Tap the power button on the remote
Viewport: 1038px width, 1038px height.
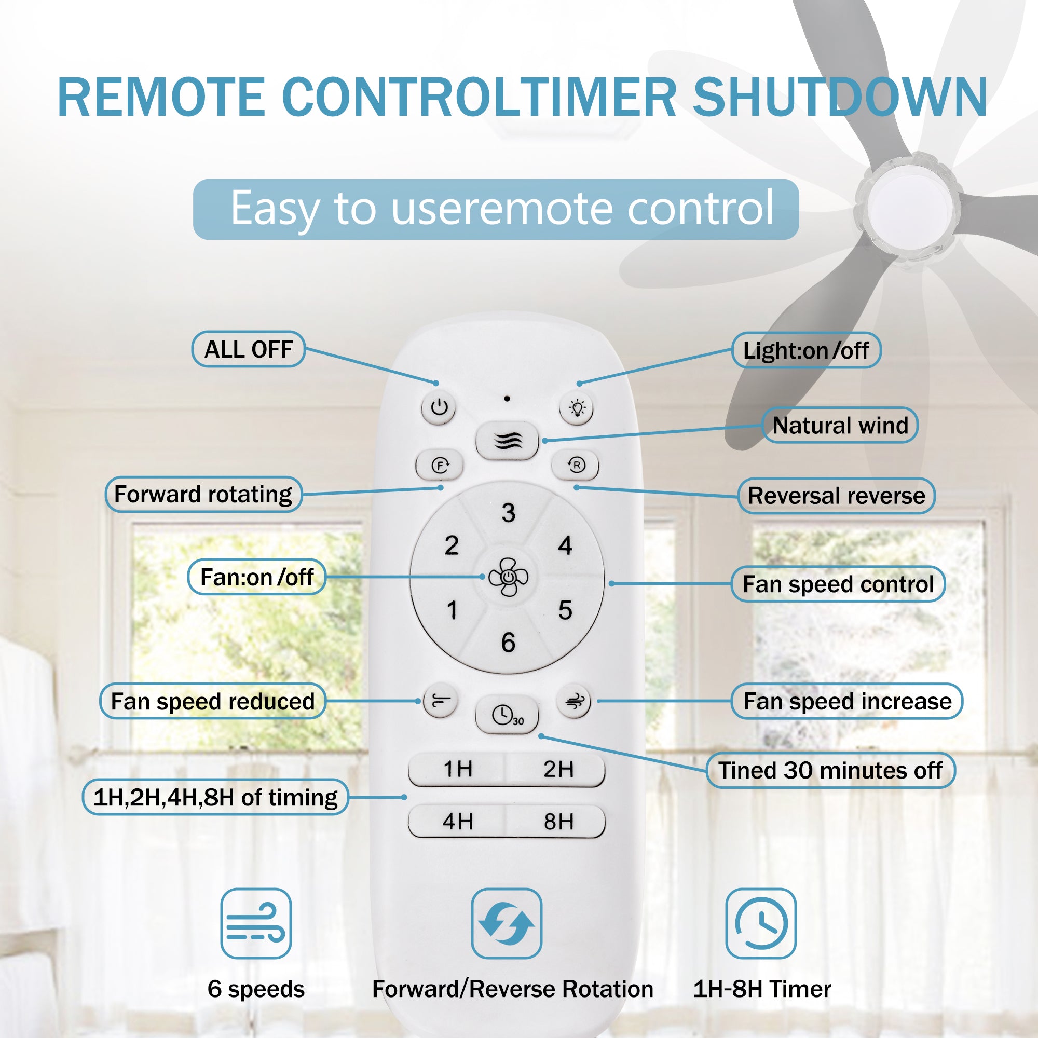click(439, 408)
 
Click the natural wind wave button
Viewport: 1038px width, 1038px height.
click(507, 441)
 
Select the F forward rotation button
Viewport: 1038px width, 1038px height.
click(440, 465)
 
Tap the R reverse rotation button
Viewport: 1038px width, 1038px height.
click(576, 465)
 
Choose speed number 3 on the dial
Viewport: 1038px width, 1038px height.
click(508, 513)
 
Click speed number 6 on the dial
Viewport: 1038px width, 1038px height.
click(508, 643)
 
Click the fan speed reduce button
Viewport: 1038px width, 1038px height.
click(440, 701)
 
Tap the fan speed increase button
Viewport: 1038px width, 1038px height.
click(574, 701)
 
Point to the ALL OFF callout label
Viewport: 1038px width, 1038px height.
click(249, 349)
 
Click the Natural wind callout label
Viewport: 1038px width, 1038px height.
click(840, 426)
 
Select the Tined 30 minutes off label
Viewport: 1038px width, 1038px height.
click(830, 770)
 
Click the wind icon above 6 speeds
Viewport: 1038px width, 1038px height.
click(256, 923)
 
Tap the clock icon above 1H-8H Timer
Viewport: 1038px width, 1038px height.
click(761, 923)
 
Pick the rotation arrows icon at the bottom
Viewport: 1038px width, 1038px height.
click(507, 923)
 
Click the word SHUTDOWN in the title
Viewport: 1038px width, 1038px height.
click(840, 97)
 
